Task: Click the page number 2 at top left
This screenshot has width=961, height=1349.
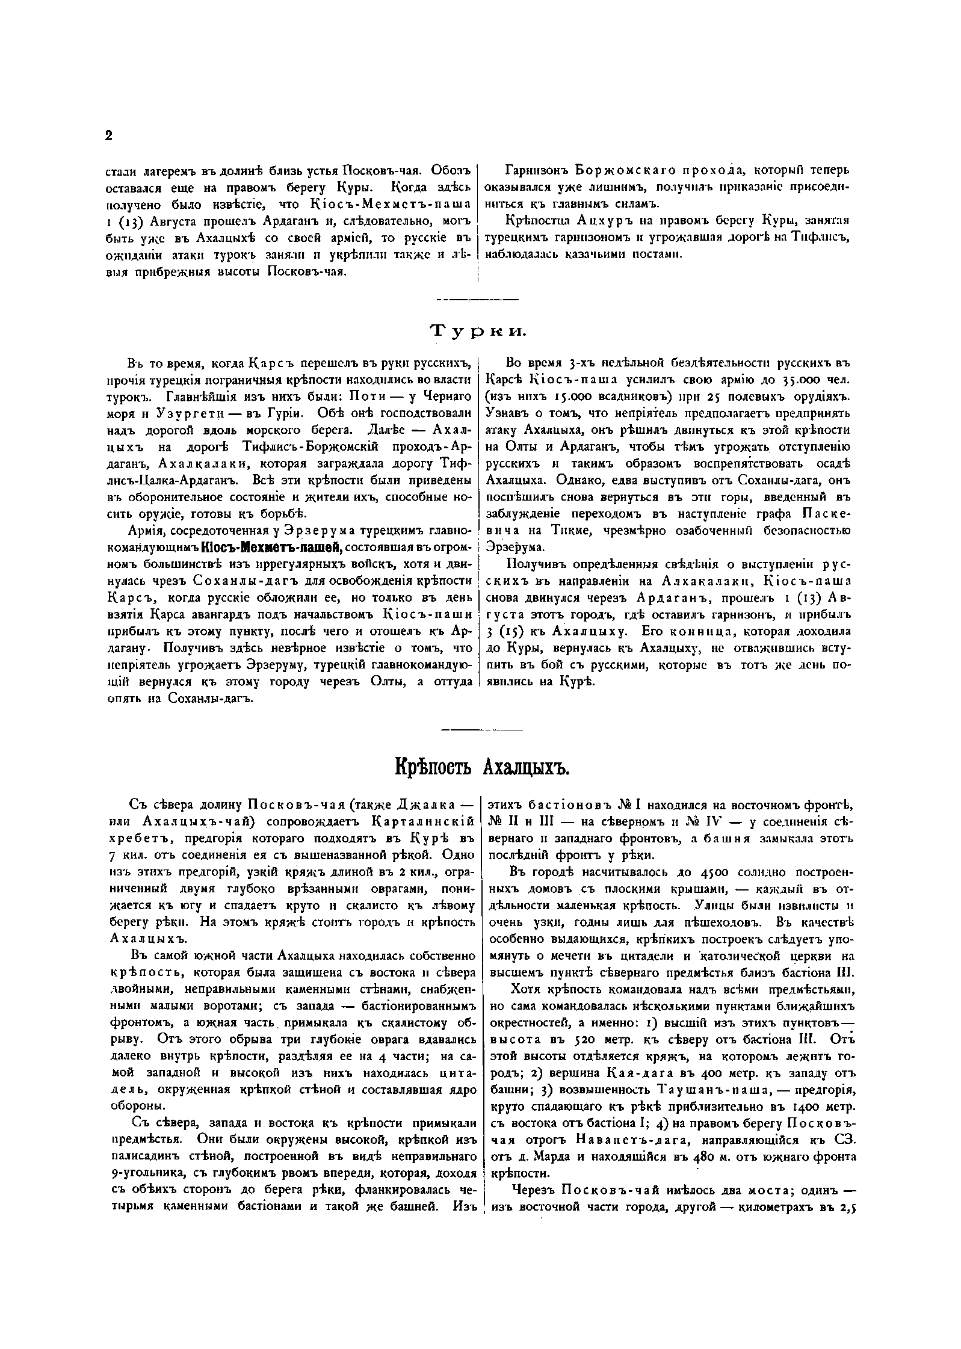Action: pyautogui.click(x=108, y=137)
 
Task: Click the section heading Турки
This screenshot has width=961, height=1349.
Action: pyautogui.click(x=478, y=331)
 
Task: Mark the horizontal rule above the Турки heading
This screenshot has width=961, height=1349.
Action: pyautogui.click(x=478, y=299)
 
